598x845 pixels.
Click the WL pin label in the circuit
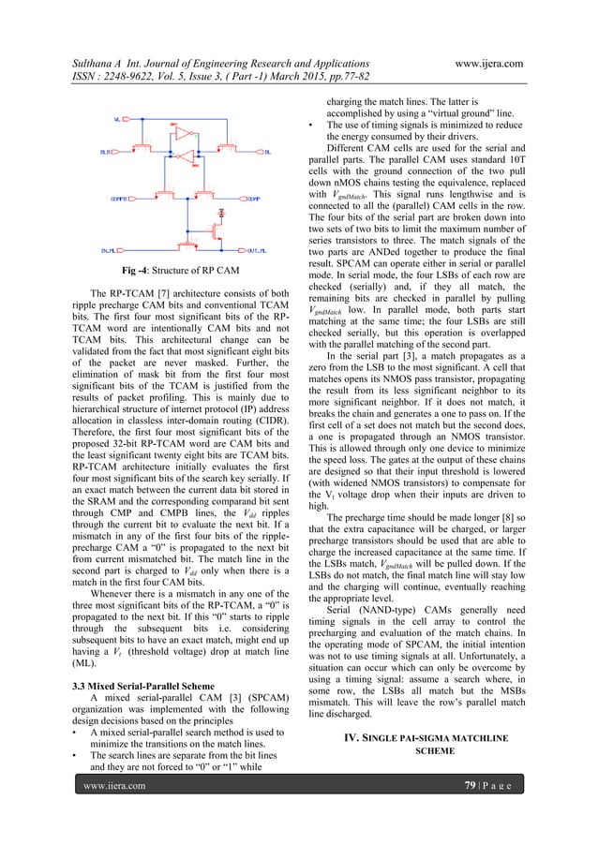tap(115, 120)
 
